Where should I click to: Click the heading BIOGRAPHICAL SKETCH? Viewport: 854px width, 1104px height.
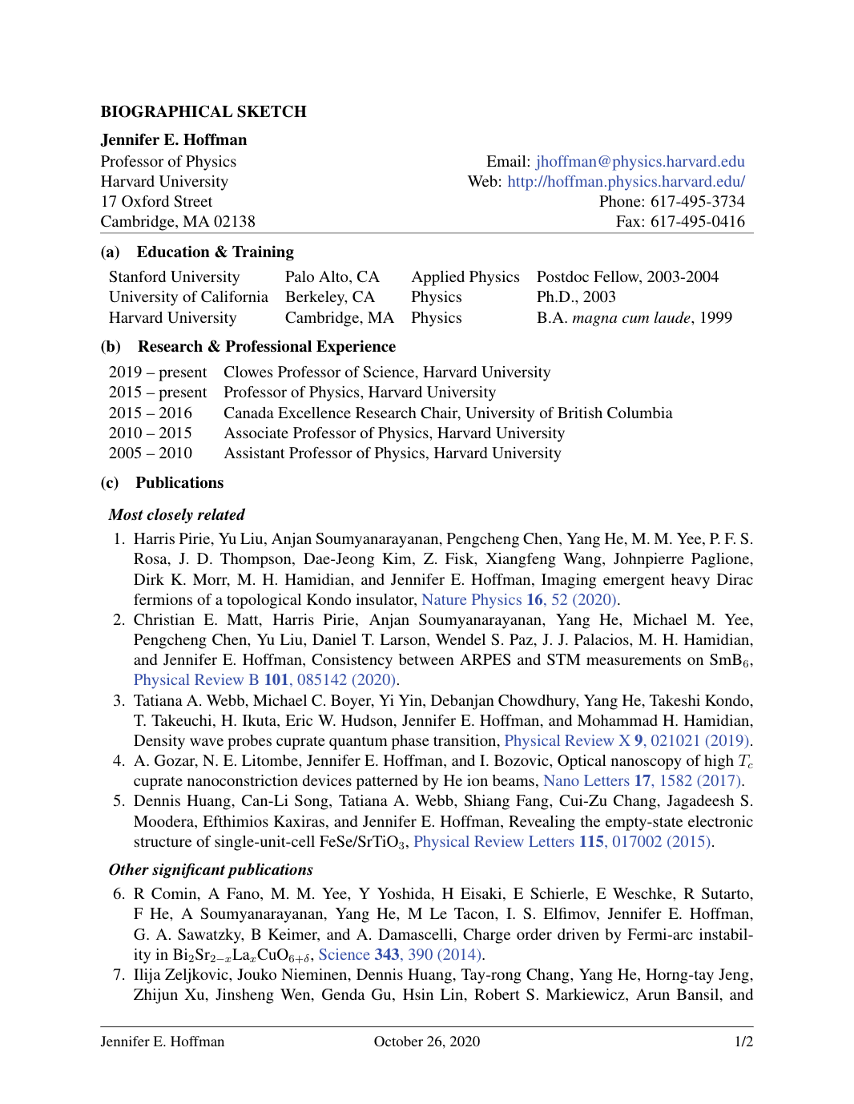203,111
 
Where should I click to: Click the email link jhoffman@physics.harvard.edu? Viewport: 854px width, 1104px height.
640,161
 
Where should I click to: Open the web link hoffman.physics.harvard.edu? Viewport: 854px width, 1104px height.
626,181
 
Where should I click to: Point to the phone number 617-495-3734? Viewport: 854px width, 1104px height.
697,201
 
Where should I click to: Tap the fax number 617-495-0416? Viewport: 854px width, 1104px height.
697,221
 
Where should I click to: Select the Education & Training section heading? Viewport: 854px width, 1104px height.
215,252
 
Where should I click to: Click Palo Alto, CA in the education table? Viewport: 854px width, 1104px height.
332,276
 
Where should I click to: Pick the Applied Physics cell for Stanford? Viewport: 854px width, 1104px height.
465,276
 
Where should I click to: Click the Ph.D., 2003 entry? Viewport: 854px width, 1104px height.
576,296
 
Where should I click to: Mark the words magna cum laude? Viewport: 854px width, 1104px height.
631,317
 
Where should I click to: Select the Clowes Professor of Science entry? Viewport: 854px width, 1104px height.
386,372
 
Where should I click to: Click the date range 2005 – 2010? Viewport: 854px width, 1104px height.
151,453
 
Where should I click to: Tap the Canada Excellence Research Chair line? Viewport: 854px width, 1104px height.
447,413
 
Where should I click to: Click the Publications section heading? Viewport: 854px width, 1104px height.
179,482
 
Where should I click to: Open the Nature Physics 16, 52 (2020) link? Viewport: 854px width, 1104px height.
519,599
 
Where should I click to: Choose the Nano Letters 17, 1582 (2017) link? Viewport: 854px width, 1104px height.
643,780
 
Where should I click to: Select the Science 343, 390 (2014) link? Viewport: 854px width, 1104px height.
400,954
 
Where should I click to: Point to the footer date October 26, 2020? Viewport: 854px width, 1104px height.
426,1041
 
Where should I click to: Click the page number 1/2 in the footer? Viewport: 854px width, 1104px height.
743,1041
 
